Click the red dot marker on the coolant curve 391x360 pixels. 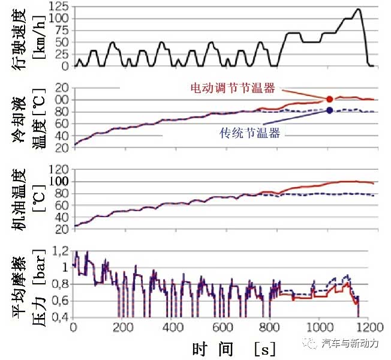329,98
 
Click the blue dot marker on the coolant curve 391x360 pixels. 329,110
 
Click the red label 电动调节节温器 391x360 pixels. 232,88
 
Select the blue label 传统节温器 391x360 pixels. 250,133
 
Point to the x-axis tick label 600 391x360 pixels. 222,328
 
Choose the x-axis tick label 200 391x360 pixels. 123,328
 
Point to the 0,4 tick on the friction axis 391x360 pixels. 60,317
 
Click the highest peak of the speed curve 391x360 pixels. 358,9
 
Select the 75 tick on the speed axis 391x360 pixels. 62,30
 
